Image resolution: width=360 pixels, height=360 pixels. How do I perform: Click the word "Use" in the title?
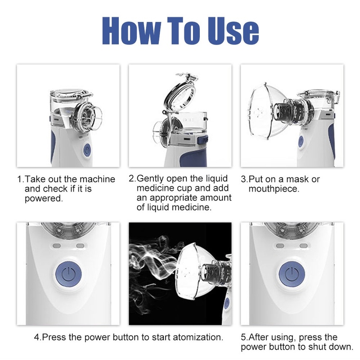pyautogui.click(x=233, y=31)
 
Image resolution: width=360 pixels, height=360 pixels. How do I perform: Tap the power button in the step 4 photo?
pyautogui.click(x=68, y=274)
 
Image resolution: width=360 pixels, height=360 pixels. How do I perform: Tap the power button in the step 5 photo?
pyautogui.click(x=292, y=274)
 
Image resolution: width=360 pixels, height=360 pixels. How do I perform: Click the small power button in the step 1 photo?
pyautogui.click(x=87, y=150)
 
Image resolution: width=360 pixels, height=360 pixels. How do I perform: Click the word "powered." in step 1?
pyautogui.click(x=44, y=199)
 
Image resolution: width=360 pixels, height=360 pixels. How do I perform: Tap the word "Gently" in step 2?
pyautogui.click(x=150, y=179)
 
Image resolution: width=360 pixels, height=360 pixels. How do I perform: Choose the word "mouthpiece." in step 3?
pyautogui.click(x=274, y=189)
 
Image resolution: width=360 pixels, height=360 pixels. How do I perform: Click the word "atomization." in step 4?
pyautogui.click(x=198, y=337)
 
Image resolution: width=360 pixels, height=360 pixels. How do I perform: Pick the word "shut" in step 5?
pyautogui.click(x=318, y=346)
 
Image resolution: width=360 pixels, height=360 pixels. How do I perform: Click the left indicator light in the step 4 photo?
pyautogui.click(x=57, y=246)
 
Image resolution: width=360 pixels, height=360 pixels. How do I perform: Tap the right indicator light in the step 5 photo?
pyautogui.click(x=303, y=246)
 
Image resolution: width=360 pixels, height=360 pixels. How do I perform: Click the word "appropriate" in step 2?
pyautogui.click(x=174, y=198)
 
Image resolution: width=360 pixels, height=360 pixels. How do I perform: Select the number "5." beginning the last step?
pyautogui.click(x=244, y=337)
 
